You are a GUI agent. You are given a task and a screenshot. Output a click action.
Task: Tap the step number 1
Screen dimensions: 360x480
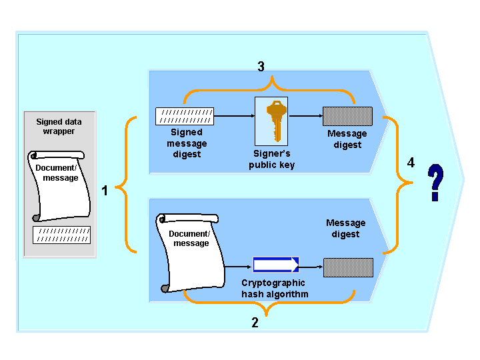coord(104,191)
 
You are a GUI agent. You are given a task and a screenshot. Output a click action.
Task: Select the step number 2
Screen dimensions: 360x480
coord(255,323)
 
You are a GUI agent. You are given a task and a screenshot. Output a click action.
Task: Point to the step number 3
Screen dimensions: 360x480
coord(261,67)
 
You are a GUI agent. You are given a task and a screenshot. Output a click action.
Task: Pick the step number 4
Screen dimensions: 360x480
coord(411,163)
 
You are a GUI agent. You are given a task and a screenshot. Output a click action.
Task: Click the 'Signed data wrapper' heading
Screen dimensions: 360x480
coord(59,127)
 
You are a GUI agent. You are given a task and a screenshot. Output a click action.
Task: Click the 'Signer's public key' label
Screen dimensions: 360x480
coord(271,160)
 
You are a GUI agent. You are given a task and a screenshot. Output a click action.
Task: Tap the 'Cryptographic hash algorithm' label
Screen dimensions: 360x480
coord(273,288)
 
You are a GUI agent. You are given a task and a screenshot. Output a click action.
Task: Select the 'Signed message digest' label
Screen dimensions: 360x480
coord(186,143)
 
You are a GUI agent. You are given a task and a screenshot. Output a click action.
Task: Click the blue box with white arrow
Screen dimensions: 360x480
coord(276,265)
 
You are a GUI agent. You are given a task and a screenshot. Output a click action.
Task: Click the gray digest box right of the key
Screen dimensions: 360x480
coord(347,116)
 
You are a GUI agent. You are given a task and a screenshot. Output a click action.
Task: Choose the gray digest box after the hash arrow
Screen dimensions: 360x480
coord(347,267)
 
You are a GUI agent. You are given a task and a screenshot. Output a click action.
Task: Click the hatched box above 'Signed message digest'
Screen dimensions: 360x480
coord(185,116)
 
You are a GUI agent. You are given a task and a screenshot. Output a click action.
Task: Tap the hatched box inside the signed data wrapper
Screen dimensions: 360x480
coord(61,235)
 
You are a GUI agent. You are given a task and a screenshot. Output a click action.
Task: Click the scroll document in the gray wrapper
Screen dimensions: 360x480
coord(57,185)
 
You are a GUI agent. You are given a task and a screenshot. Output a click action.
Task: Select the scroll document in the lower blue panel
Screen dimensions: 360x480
coord(189,251)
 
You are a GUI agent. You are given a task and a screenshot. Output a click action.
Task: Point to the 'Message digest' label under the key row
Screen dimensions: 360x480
coord(347,139)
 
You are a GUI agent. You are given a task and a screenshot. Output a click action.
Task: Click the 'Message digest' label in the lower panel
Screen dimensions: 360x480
coord(345,228)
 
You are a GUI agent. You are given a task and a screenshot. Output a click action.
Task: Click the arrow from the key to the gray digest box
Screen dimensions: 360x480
coord(305,116)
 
